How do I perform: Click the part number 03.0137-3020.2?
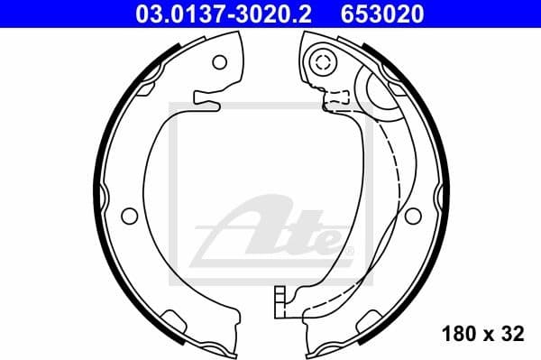[x=228, y=14]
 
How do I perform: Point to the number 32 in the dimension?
[x=514, y=335]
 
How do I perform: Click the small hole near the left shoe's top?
[x=219, y=62]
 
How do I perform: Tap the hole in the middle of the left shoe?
[x=130, y=217]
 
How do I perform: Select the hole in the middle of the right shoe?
[x=413, y=217]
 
